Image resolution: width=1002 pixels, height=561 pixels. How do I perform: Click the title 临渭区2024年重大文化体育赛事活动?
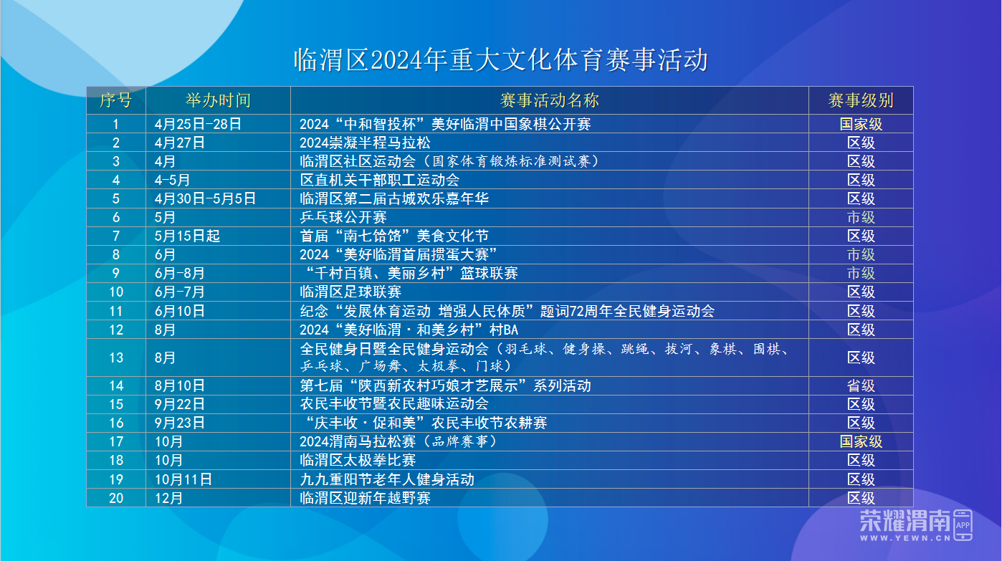click(501, 60)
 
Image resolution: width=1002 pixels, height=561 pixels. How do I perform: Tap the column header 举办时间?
click(218, 100)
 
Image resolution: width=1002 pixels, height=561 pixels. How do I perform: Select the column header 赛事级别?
click(861, 100)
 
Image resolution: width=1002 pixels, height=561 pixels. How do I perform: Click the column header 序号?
click(116, 100)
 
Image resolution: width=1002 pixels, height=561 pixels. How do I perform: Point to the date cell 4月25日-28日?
click(198, 124)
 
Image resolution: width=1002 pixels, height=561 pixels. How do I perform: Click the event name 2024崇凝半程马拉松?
click(365, 143)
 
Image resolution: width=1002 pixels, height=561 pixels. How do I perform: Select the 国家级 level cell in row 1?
click(861, 124)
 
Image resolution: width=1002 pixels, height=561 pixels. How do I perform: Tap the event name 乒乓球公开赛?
click(343, 217)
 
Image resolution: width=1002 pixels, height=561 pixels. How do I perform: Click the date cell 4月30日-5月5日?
click(205, 198)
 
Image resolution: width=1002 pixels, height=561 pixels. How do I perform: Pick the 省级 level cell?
click(861, 385)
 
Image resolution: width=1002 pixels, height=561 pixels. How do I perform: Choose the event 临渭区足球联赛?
click(350, 292)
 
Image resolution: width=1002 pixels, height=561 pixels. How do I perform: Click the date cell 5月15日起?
click(187, 236)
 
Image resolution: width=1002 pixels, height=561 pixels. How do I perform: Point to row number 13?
click(116, 358)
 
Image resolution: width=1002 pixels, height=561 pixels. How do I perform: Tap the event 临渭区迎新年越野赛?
click(365, 498)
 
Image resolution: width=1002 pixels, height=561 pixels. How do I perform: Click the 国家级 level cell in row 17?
click(861, 441)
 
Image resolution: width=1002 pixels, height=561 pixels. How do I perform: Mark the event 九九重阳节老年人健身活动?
click(387, 479)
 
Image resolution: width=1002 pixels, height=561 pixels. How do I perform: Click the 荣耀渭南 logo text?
click(905, 520)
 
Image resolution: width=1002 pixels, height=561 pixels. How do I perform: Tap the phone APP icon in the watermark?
click(963, 524)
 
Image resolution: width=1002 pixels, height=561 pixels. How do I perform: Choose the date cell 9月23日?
click(179, 423)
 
